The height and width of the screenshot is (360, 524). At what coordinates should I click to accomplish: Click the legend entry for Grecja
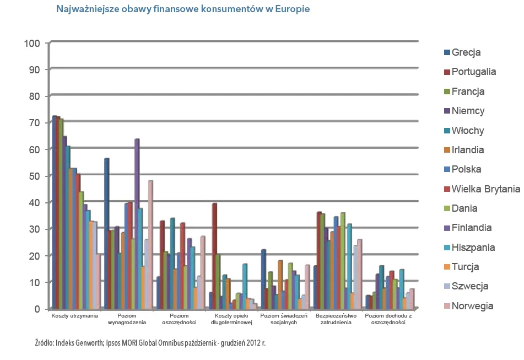(x=466, y=53)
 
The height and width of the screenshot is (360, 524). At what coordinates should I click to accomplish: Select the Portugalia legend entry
(x=473, y=72)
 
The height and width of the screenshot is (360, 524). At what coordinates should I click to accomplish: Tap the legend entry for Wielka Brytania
(x=485, y=189)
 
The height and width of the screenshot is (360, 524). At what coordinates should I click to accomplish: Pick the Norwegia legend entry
(x=472, y=306)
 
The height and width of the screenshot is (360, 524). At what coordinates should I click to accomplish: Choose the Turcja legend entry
(x=465, y=267)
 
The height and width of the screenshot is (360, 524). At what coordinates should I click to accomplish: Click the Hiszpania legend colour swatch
(x=447, y=248)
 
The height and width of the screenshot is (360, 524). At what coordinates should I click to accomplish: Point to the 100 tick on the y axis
(x=32, y=43)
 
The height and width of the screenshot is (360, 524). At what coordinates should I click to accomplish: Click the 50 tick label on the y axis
(x=34, y=176)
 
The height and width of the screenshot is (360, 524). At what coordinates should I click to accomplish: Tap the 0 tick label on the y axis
(x=37, y=309)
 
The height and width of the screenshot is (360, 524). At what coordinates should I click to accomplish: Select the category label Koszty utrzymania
(x=75, y=316)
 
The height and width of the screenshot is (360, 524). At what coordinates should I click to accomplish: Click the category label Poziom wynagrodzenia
(x=127, y=319)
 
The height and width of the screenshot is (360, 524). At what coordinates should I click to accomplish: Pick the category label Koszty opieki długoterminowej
(x=232, y=319)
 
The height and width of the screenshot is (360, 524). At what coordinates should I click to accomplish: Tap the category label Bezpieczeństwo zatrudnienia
(x=336, y=319)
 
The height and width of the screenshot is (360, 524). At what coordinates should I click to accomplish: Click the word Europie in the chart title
(x=291, y=10)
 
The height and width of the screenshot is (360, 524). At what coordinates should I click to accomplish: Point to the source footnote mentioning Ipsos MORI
(x=150, y=343)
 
